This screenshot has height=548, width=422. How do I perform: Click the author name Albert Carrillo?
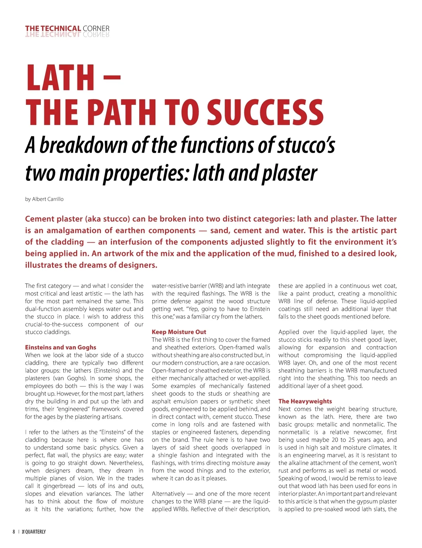click(48, 199)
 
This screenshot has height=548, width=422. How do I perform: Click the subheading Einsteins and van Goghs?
click(60, 347)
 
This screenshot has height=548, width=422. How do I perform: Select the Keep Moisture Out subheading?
click(179, 332)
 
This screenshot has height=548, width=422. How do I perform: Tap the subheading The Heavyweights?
click(305, 401)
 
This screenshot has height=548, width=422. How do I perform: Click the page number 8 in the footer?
click(14, 531)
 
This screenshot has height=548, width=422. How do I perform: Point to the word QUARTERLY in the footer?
click(35, 531)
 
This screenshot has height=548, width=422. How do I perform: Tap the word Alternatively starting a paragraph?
click(168, 493)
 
